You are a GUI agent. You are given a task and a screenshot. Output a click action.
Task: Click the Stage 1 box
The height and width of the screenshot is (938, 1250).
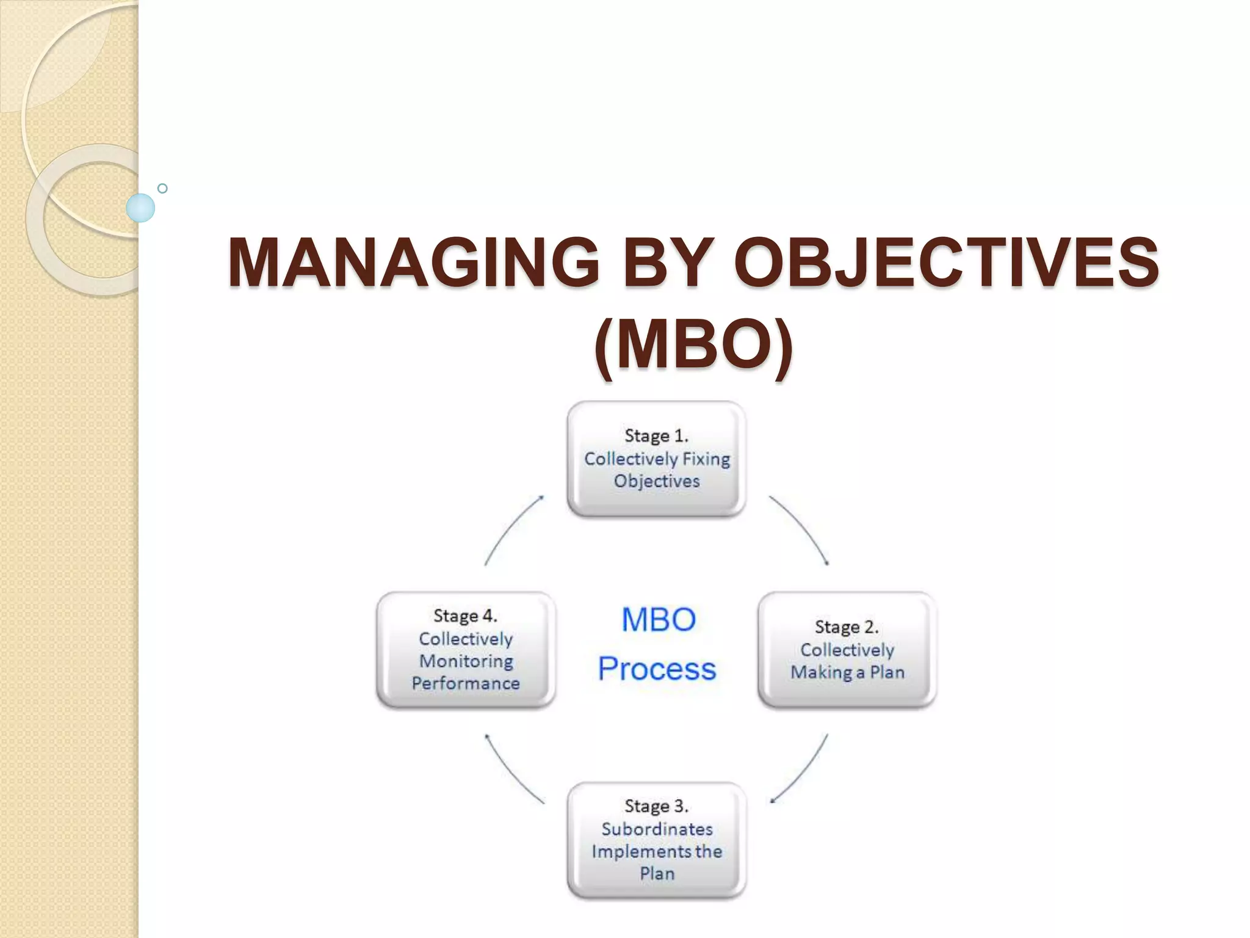pos(656,459)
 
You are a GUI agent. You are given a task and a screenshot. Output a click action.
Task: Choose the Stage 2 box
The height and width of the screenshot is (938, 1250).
pos(847,650)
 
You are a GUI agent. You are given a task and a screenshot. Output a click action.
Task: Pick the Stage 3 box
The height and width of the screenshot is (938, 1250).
pos(656,840)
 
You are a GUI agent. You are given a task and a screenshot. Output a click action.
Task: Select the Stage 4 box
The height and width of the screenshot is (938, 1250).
pos(466,650)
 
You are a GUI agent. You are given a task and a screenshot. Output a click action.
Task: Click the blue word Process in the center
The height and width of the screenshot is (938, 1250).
pos(657,669)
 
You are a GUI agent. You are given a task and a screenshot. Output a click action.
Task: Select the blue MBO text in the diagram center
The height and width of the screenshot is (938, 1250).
pos(659,620)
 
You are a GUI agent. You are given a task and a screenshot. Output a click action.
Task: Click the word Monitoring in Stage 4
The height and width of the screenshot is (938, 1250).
pos(466,661)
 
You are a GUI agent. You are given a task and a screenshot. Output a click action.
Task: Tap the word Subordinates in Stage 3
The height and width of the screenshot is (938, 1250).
pos(657,829)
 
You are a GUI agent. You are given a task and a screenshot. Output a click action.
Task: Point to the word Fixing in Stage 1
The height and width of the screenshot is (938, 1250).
pos(706,459)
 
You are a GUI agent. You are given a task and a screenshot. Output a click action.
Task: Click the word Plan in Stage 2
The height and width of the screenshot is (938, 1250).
pos(887,672)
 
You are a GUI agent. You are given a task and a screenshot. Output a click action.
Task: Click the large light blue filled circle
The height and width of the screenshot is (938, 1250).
pos(140,208)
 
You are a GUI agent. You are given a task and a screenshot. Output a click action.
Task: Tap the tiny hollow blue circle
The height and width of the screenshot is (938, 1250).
pos(162,188)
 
